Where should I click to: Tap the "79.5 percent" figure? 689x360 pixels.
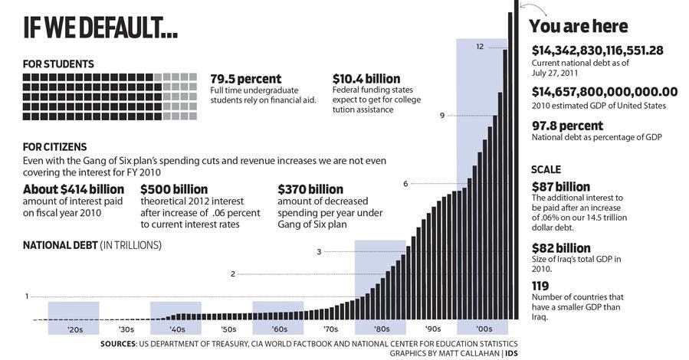(246, 79)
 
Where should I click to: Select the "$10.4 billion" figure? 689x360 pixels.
(366, 79)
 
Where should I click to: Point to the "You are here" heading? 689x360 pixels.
(579, 26)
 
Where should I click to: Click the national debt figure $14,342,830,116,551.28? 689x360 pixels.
(598, 51)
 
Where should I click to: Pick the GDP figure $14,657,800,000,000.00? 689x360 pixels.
(605, 92)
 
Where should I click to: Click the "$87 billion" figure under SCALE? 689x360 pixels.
(561, 187)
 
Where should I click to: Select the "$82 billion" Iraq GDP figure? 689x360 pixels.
(561, 248)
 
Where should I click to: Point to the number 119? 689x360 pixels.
(542, 286)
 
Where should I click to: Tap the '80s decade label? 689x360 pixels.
(381, 329)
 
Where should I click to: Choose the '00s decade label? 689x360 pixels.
(484, 329)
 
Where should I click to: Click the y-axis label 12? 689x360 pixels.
(480, 47)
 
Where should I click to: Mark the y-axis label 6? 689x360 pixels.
(405, 184)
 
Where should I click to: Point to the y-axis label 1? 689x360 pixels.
(26, 296)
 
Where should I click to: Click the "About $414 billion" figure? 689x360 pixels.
(74, 189)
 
